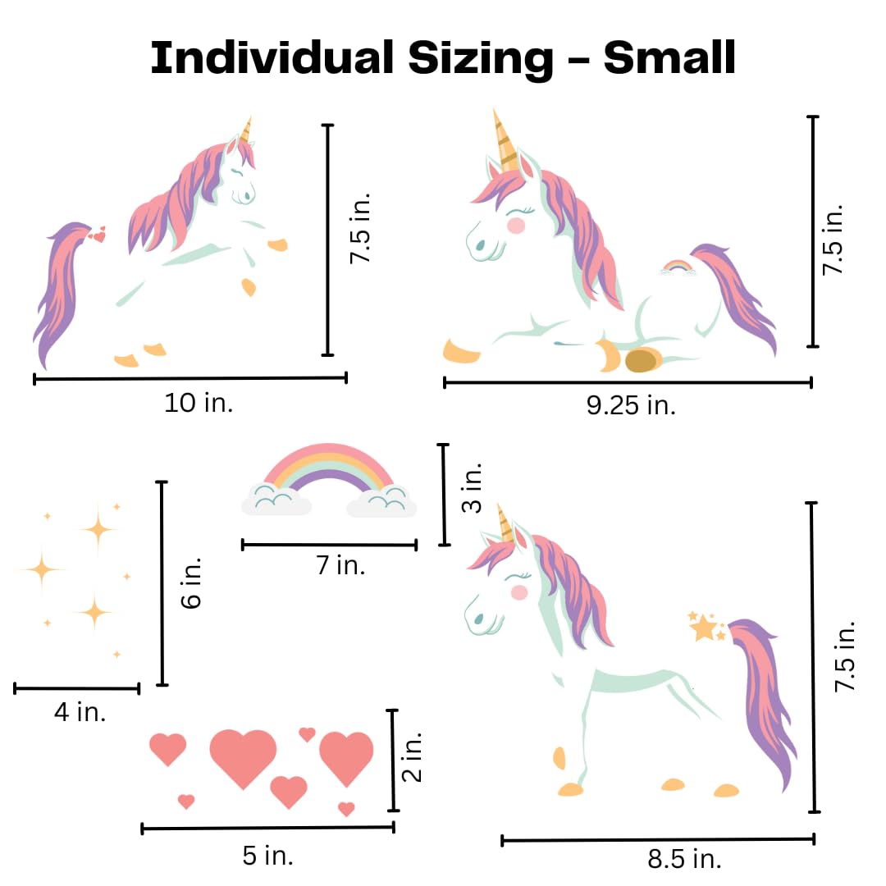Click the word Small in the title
pos(669,58)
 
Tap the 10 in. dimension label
pos(199,403)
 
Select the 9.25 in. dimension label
pos(631,405)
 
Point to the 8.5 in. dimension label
pos(684,859)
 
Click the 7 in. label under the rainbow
pos(340,565)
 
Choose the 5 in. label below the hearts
pos(267,856)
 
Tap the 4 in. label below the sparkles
pos(80,711)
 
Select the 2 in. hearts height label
pos(413,757)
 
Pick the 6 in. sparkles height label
pos(191,583)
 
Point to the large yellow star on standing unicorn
pos(703,628)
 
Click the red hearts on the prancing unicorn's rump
pos(98,236)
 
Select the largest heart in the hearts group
pos(243,756)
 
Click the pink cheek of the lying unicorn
pos(516,225)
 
